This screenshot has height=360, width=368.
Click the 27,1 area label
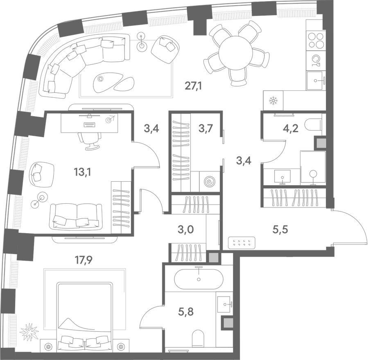click(x=193, y=86)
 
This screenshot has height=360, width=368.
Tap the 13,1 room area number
click(x=82, y=172)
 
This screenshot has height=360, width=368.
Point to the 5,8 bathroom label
click(x=185, y=312)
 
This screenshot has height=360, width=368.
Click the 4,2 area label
click(x=291, y=128)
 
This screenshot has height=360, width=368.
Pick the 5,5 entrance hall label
click(x=280, y=230)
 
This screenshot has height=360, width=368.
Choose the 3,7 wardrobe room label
click(x=205, y=128)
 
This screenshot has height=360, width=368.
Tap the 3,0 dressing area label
click(x=185, y=229)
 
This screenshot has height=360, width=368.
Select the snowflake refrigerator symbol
click(x=273, y=100)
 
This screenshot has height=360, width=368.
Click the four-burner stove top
click(x=316, y=40)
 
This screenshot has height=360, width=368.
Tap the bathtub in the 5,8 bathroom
click(x=199, y=279)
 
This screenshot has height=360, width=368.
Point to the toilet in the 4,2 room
click(x=314, y=124)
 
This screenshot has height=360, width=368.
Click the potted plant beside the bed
click(x=29, y=331)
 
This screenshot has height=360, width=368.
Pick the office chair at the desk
click(x=90, y=140)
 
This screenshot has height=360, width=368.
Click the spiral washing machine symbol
click(x=209, y=182)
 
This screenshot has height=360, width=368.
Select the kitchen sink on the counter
click(x=316, y=81)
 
